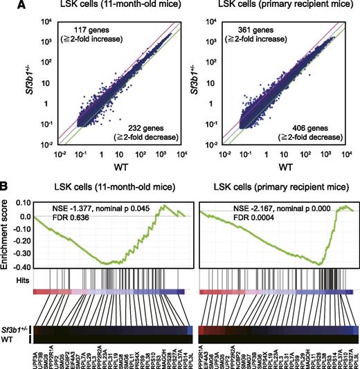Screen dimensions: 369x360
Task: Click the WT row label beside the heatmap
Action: pyautogui.click(x=18, y=339)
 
